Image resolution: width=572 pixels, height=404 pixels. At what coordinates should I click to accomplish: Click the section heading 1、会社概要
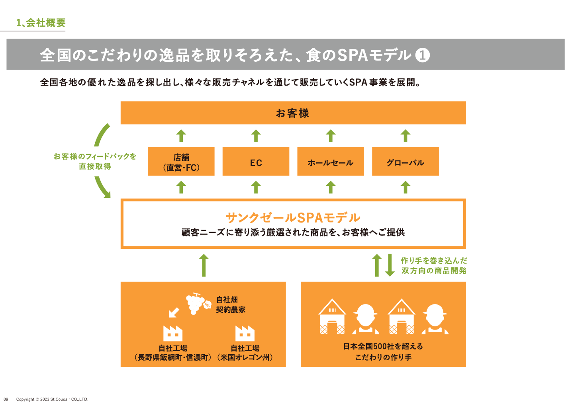(41, 23)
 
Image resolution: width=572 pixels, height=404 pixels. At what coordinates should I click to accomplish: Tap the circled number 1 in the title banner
(423, 55)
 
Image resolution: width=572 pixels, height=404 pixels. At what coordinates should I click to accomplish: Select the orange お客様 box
(293, 113)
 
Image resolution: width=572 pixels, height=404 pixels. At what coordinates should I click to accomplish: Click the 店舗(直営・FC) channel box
(181, 161)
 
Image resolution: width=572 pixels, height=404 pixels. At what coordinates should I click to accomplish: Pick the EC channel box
(256, 161)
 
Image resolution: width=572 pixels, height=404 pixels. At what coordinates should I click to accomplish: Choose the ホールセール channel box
(331, 161)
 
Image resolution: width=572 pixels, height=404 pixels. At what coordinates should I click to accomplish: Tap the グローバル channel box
(405, 161)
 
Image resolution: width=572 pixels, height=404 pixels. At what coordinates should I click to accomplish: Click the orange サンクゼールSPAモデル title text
(293, 218)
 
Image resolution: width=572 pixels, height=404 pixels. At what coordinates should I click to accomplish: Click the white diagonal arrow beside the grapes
(174, 312)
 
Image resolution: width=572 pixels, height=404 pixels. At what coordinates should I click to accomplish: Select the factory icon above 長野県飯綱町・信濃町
(173, 333)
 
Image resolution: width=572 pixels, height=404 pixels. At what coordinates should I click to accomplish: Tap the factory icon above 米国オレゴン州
(245, 333)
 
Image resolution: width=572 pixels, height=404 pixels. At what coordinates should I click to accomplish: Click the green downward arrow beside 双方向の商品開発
(390, 265)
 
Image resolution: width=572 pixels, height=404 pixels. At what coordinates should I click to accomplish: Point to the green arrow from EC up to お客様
(256, 136)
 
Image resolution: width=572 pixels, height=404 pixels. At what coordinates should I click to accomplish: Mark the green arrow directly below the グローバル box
(405, 187)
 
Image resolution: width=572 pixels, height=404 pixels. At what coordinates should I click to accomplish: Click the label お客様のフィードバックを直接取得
(95, 161)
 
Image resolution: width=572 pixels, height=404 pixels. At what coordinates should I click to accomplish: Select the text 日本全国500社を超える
(383, 346)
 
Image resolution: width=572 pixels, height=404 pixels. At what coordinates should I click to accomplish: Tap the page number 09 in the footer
(6, 399)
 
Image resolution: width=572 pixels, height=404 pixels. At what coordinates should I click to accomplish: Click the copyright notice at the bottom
(52, 399)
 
